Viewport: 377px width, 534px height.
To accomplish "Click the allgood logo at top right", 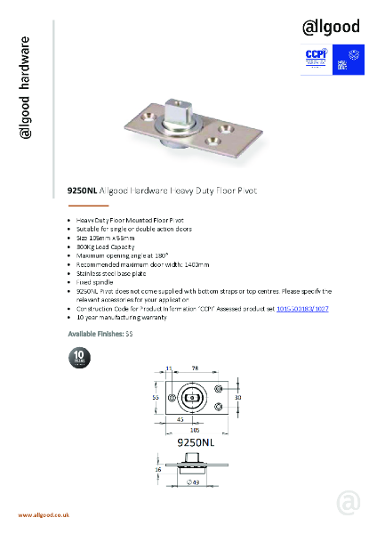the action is pyautogui.click(x=331, y=27).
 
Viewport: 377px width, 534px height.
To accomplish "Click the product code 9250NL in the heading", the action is pyautogui.click(x=83, y=190).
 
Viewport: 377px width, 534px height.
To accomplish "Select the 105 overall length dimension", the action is pyautogui.click(x=193, y=428).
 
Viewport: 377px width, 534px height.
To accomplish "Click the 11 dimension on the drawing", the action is pyautogui.click(x=169, y=368).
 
